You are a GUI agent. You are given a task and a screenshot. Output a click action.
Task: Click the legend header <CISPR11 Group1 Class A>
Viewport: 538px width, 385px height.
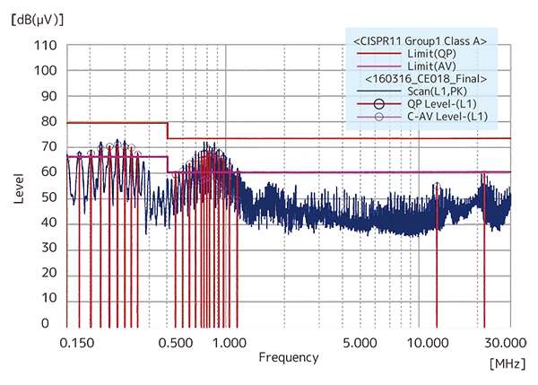click(x=419, y=41)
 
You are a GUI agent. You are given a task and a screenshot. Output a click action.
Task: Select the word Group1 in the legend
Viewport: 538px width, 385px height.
click(x=421, y=41)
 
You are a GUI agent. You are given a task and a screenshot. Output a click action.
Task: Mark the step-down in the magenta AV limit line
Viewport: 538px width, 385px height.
click(x=168, y=163)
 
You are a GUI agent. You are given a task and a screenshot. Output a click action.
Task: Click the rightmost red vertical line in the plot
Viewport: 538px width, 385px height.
click(x=484, y=251)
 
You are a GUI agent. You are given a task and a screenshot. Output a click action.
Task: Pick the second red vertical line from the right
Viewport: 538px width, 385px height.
click(x=437, y=251)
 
